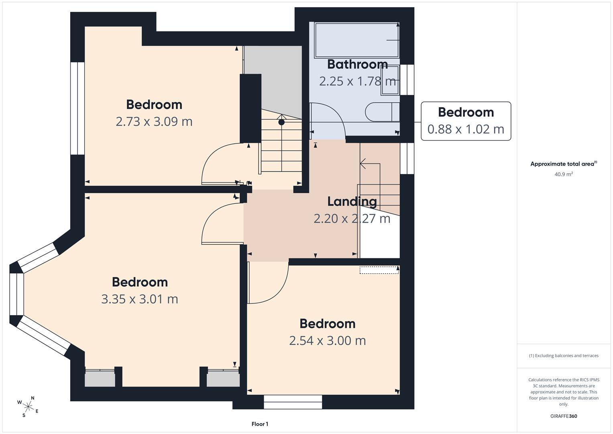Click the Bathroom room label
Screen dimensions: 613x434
click(357, 64)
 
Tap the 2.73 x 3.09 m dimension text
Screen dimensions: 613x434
click(154, 122)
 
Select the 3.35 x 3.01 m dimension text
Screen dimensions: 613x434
click(140, 299)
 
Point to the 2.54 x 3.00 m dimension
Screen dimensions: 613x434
click(328, 341)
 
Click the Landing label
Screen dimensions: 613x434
click(352, 202)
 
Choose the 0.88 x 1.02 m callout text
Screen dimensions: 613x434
click(466, 129)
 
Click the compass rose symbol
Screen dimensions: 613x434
click(28, 407)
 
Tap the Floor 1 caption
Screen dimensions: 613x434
click(260, 424)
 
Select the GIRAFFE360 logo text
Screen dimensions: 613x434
click(564, 416)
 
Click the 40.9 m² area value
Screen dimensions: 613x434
click(564, 174)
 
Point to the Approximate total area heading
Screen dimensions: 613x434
click(564, 164)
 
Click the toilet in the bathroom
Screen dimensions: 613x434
click(382, 112)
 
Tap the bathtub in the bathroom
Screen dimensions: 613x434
click(357, 40)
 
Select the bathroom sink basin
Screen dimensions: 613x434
click(390, 80)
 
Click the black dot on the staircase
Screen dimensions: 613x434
click(281, 122)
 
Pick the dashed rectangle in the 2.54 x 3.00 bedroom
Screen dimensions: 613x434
click(379, 270)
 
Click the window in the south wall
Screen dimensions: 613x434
click(293, 402)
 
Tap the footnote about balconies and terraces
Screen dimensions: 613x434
click(564, 356)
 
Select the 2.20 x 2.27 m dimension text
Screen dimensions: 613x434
click(352, 219)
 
